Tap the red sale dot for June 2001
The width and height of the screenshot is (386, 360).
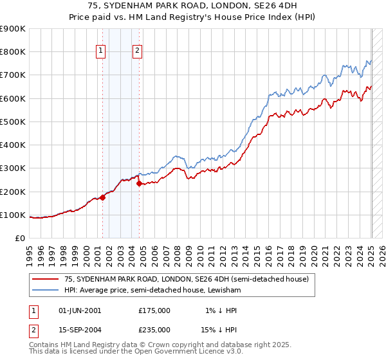(102, 197)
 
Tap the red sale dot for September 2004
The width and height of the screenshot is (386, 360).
(139, 183)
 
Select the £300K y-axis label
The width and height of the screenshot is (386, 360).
(13, 168)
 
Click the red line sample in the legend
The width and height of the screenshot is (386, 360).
(45, 279)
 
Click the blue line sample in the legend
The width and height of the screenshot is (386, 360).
(45, 290)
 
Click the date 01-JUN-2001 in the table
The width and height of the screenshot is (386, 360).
(80, 310)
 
